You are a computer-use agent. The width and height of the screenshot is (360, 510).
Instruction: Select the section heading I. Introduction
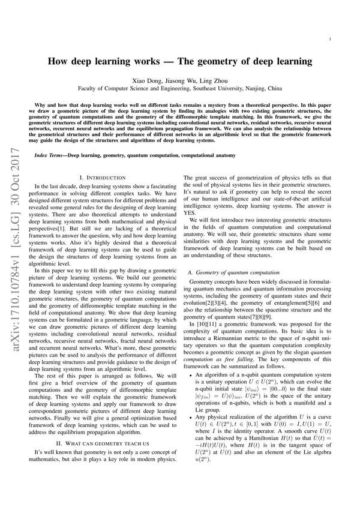click(103, 178)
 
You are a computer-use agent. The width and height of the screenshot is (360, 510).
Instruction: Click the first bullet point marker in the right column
click(192, 392)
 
